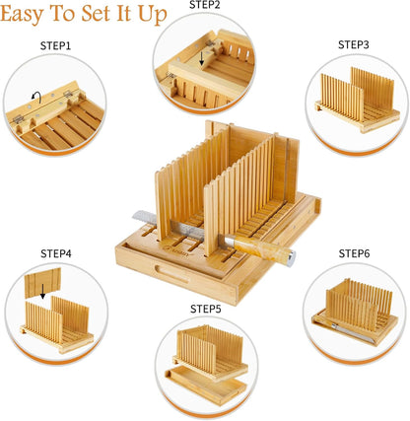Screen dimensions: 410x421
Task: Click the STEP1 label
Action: tap(55, 45)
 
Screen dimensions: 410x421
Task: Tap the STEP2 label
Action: tap(205, 5)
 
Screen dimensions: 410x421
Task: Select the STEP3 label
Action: tap(354, 44)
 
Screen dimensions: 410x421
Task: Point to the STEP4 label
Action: tap(56, 253)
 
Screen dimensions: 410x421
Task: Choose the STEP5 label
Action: tap(206, 309)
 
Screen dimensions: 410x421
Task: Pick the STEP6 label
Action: tap(354, 253)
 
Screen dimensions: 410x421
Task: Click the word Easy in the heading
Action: tap(22, 15)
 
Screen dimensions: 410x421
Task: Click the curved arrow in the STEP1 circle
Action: tap(35, 97)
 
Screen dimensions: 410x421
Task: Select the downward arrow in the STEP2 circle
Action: tap(202, 58)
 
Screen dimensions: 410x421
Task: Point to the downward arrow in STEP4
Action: tap(42, 292)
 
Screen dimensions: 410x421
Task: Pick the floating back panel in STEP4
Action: tap(42, 283)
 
